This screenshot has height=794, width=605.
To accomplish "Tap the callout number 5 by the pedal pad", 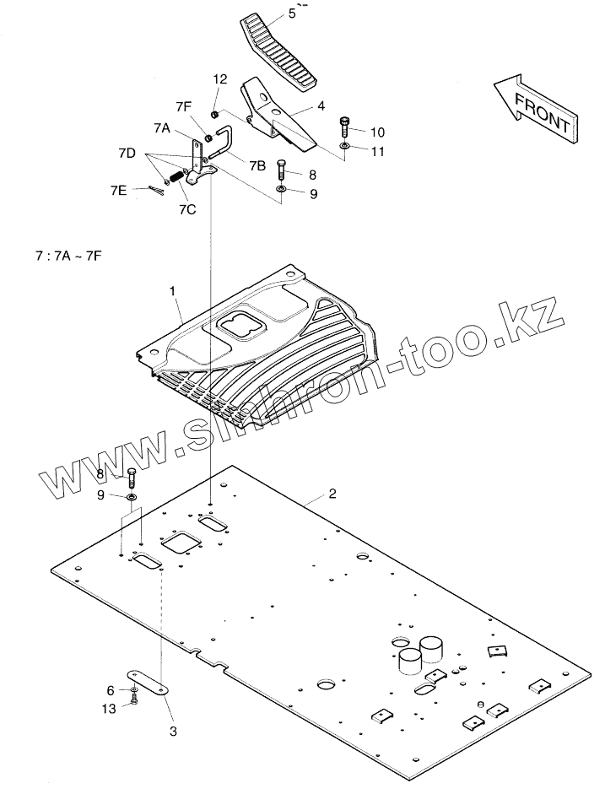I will click(268, 14).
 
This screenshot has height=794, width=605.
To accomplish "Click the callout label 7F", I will click(184, 106).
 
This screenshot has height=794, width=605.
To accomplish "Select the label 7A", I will click(162, 128).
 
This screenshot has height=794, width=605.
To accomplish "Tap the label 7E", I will click(118, 192).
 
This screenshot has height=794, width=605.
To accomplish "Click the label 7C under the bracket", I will click(187, 210).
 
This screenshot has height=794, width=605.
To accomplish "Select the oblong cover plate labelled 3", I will click(149, 681).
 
